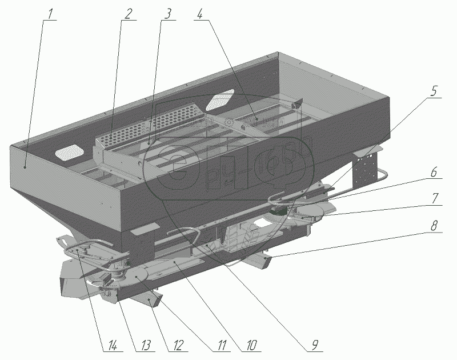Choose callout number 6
pyautogui.click(x=434, y=171)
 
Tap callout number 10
pyautogui.click(x=252, y=345)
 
